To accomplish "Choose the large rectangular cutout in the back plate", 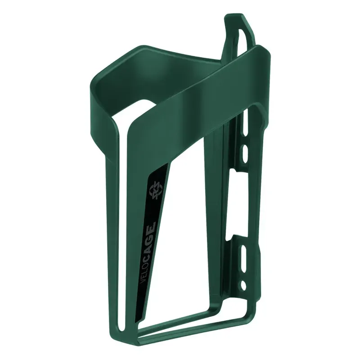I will click(238, 202).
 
